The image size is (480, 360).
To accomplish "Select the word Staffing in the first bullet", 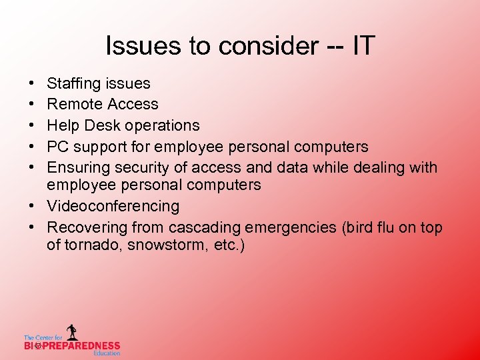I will coord(73,84).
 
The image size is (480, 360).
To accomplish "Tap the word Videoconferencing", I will coord(113,206).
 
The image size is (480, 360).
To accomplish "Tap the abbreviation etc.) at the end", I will coord(229,245).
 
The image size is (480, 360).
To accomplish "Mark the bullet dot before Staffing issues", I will coord(32,84).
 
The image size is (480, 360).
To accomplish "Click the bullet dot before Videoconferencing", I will coord(32,206).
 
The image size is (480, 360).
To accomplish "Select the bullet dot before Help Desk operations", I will coord(32,125).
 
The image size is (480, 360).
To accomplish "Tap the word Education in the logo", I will coord(107,353).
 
